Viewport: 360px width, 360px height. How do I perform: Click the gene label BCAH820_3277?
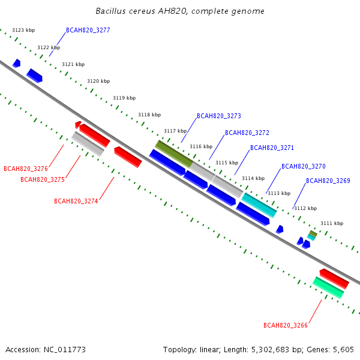88,30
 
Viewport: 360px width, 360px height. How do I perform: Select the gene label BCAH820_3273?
219,116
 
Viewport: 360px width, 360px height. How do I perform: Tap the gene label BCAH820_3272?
247,133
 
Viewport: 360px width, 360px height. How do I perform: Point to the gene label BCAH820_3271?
272,148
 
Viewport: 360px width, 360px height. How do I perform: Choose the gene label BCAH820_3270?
304,166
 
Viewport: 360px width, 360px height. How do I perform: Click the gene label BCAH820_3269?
328,181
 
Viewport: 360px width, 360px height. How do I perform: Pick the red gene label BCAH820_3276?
26,169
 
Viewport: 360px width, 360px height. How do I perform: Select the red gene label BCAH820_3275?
43,179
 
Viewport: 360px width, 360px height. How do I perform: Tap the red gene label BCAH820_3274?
76,201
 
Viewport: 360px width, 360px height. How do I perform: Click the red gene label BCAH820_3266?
286,325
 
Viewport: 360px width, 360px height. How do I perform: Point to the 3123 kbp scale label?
23,30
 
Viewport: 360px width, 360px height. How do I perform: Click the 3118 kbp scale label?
149,115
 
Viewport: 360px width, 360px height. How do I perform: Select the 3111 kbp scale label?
332,223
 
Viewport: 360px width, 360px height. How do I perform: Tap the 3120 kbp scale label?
98,81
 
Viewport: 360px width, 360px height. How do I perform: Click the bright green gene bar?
328,287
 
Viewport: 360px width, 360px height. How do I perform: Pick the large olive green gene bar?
174,154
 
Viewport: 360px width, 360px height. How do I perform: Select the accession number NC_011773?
65,350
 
